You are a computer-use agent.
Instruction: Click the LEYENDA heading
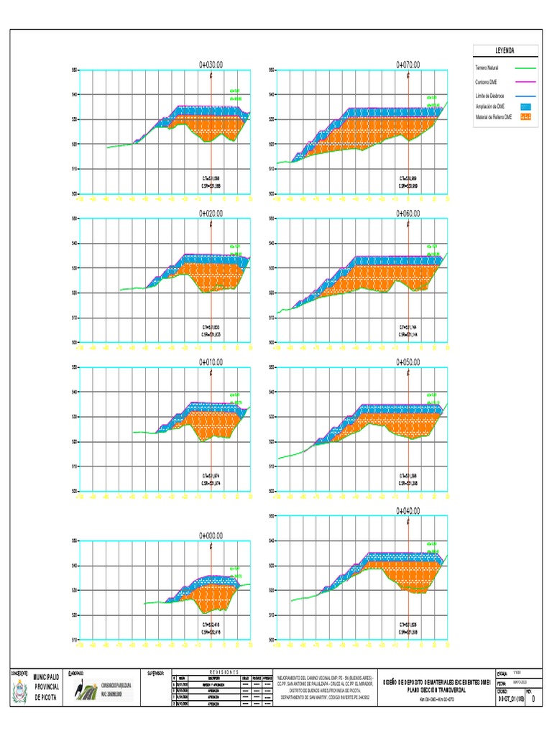[506, 52]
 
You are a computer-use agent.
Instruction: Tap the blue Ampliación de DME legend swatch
[525, 106]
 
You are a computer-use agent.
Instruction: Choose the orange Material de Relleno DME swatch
[525, 116]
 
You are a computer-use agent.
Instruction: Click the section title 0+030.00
[211, 64]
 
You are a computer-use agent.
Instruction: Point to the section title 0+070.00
[408, 64]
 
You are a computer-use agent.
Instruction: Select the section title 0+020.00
[211, 213]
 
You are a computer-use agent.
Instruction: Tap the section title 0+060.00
[408, 213]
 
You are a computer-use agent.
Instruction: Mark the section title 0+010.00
[211, 362]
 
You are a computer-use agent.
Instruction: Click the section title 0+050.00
[408, 362]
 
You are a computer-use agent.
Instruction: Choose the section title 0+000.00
[211, 535]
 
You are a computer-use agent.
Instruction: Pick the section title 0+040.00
[408, 511]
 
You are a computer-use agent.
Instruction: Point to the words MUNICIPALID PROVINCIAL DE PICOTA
[49, 687]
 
